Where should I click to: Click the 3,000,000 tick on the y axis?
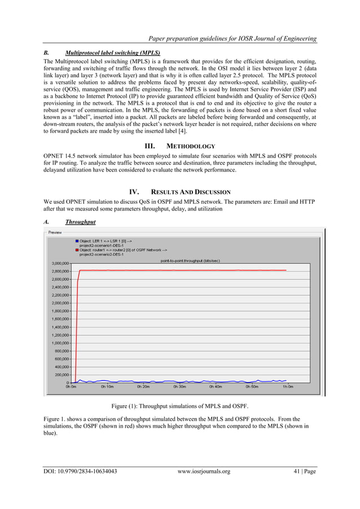(x=58, y=264)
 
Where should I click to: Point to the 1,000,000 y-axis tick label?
(x=58, y=343)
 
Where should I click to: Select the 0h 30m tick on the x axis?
(x=179, y=387)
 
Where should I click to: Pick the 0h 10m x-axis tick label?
(x=107, y=387)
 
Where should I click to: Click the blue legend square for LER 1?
(x=76, y=242)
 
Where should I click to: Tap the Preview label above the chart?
(x=55, y=232)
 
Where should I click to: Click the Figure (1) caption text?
(x=179, y=406)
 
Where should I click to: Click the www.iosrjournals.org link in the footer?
(x=204, y=471)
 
